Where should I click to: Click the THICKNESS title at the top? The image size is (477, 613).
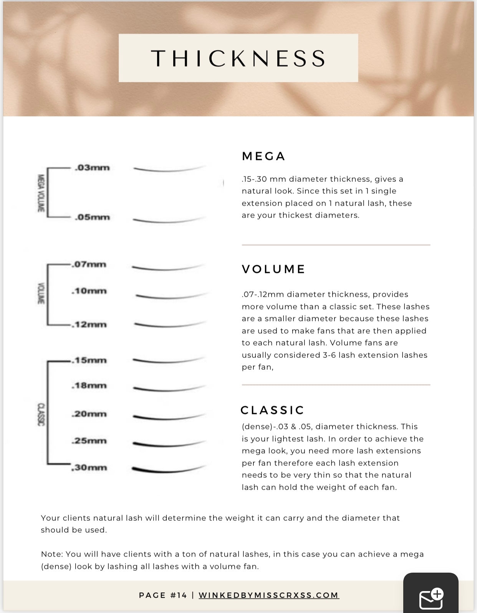(238, 58)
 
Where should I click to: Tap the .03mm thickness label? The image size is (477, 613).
(92, 168)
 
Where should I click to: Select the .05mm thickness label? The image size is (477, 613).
(92, 217)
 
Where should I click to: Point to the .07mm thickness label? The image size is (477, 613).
(89, 264)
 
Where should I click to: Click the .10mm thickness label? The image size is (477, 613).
(89, 291)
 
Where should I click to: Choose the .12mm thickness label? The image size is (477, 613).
(89, 324)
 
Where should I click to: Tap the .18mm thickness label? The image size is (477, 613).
(89, 385)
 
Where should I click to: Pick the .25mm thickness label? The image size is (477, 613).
(89, 441)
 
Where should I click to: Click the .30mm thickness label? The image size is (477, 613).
(89, 468)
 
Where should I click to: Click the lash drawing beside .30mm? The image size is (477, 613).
(168, 470)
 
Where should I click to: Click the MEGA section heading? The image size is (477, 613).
(263, 156)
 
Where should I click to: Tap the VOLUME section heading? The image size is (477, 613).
(273, 269)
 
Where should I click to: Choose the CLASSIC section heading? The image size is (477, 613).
(272, 410)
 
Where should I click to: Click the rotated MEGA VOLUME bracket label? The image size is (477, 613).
(41, 193)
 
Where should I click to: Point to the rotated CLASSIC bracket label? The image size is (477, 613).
(41, 414)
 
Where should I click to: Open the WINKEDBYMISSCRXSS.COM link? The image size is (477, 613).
(268, 595)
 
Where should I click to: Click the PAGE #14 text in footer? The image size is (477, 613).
(163, 595)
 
